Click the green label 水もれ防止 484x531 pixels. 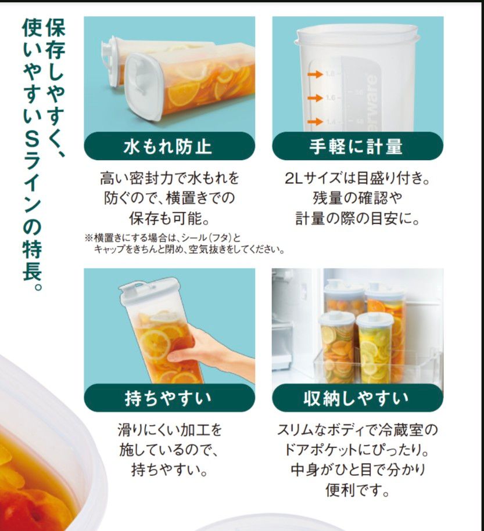(168, 146)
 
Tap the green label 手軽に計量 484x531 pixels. (357, 146)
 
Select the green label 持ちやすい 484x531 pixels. (168, 399)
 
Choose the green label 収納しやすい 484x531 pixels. (357, 399)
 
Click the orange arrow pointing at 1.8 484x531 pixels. (314, 74)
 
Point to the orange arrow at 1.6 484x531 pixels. (314, 97)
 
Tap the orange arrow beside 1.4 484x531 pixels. (314, 121)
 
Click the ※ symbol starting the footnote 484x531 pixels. (88, 238)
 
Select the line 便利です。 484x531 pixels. (357, 490)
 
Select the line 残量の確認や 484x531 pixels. (357, 198)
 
